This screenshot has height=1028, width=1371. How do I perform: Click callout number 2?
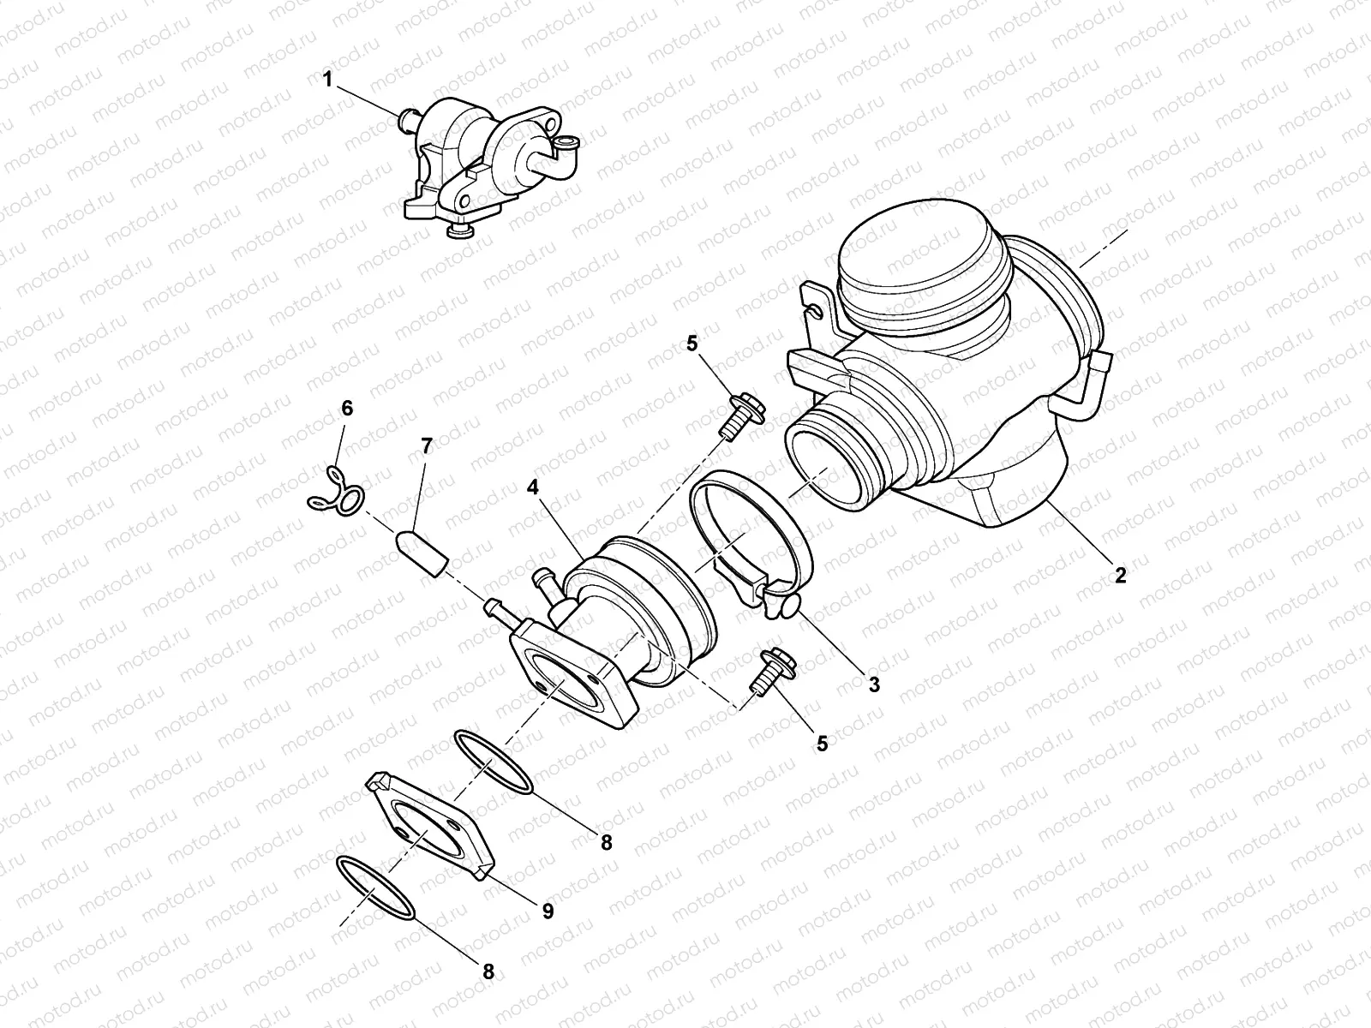1119,575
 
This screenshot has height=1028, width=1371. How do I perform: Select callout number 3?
873,684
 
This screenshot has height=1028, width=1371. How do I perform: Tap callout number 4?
533,488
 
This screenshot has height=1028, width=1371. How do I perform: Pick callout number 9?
548,911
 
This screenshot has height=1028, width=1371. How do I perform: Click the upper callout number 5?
692,344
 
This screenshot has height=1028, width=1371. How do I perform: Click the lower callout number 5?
822,743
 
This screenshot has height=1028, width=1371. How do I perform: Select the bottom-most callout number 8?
488,971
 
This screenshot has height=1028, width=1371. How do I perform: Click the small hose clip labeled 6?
336,495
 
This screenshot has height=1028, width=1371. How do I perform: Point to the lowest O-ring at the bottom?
377,899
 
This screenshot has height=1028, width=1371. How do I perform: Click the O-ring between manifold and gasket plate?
492,762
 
